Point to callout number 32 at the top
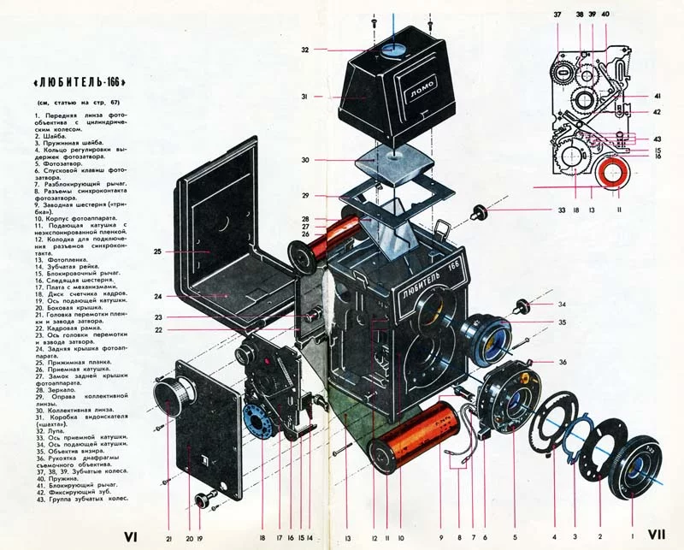pos(305,50)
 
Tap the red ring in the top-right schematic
pos(613,174)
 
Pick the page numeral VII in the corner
pos(657,534)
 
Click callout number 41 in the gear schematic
pos(657,96)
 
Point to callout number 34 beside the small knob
pos(561,304)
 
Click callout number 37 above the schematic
pos(557,15)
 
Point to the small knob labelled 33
pos(480,210)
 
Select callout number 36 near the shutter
pos(561,362)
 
